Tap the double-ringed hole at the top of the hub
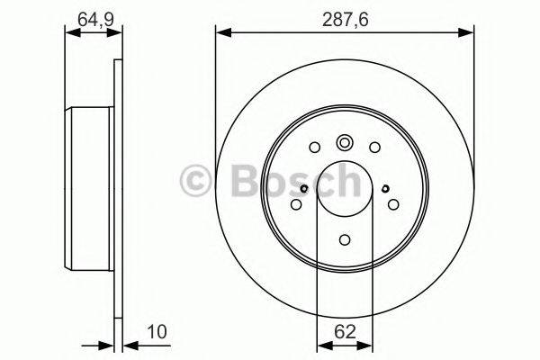pos(345,142)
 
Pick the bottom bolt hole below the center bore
pos(345,239)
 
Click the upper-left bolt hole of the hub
pos(313,148)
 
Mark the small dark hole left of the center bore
pos(305,188)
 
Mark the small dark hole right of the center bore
pos(385,188)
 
